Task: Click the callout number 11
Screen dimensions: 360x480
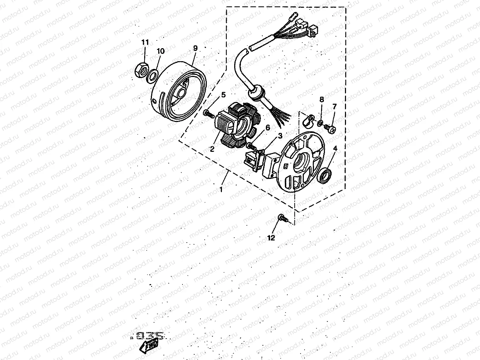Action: coord(145,42)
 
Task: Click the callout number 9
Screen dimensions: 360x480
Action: coord(196,48)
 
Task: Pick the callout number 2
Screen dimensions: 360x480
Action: coord(212,149)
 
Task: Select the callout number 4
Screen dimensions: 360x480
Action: coord(335,148)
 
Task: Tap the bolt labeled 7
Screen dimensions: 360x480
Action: coord(331,128)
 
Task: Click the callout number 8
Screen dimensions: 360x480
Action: coord(321,99)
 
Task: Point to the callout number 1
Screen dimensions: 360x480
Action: coord(221,189)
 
